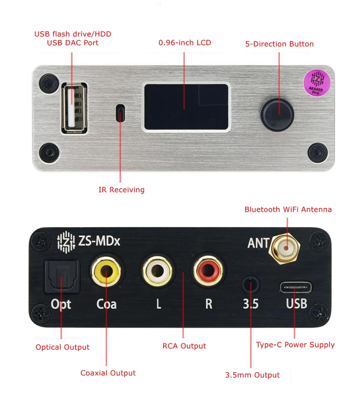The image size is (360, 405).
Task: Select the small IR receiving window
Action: point(120,114)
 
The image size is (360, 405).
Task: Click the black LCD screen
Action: point(186,107)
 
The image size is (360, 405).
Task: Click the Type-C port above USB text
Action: point(295,288)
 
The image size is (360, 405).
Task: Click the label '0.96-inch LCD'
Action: point(184,43)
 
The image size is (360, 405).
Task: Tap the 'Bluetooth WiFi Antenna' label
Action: point(288,209)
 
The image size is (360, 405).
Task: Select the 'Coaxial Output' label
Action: point(108,373)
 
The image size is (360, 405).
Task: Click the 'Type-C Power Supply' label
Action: point(295,344)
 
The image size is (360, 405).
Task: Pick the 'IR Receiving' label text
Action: point(121,190)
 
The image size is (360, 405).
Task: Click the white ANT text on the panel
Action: point(258,243)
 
